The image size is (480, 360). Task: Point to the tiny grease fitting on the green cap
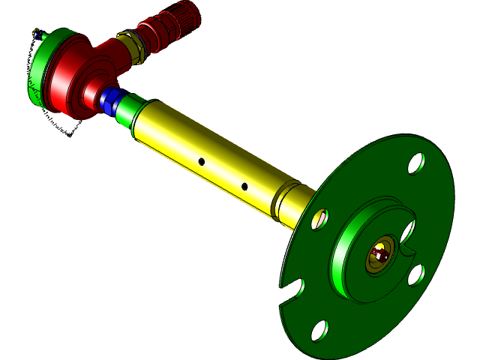click(x=36, y=33)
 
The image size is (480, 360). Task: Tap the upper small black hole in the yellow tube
click(x=201, y=160)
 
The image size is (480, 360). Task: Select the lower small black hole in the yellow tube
click(x=244, y=186)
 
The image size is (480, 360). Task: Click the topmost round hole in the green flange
click(x=415, y=163)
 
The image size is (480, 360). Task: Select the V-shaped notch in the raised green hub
click(x=407, y=241)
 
